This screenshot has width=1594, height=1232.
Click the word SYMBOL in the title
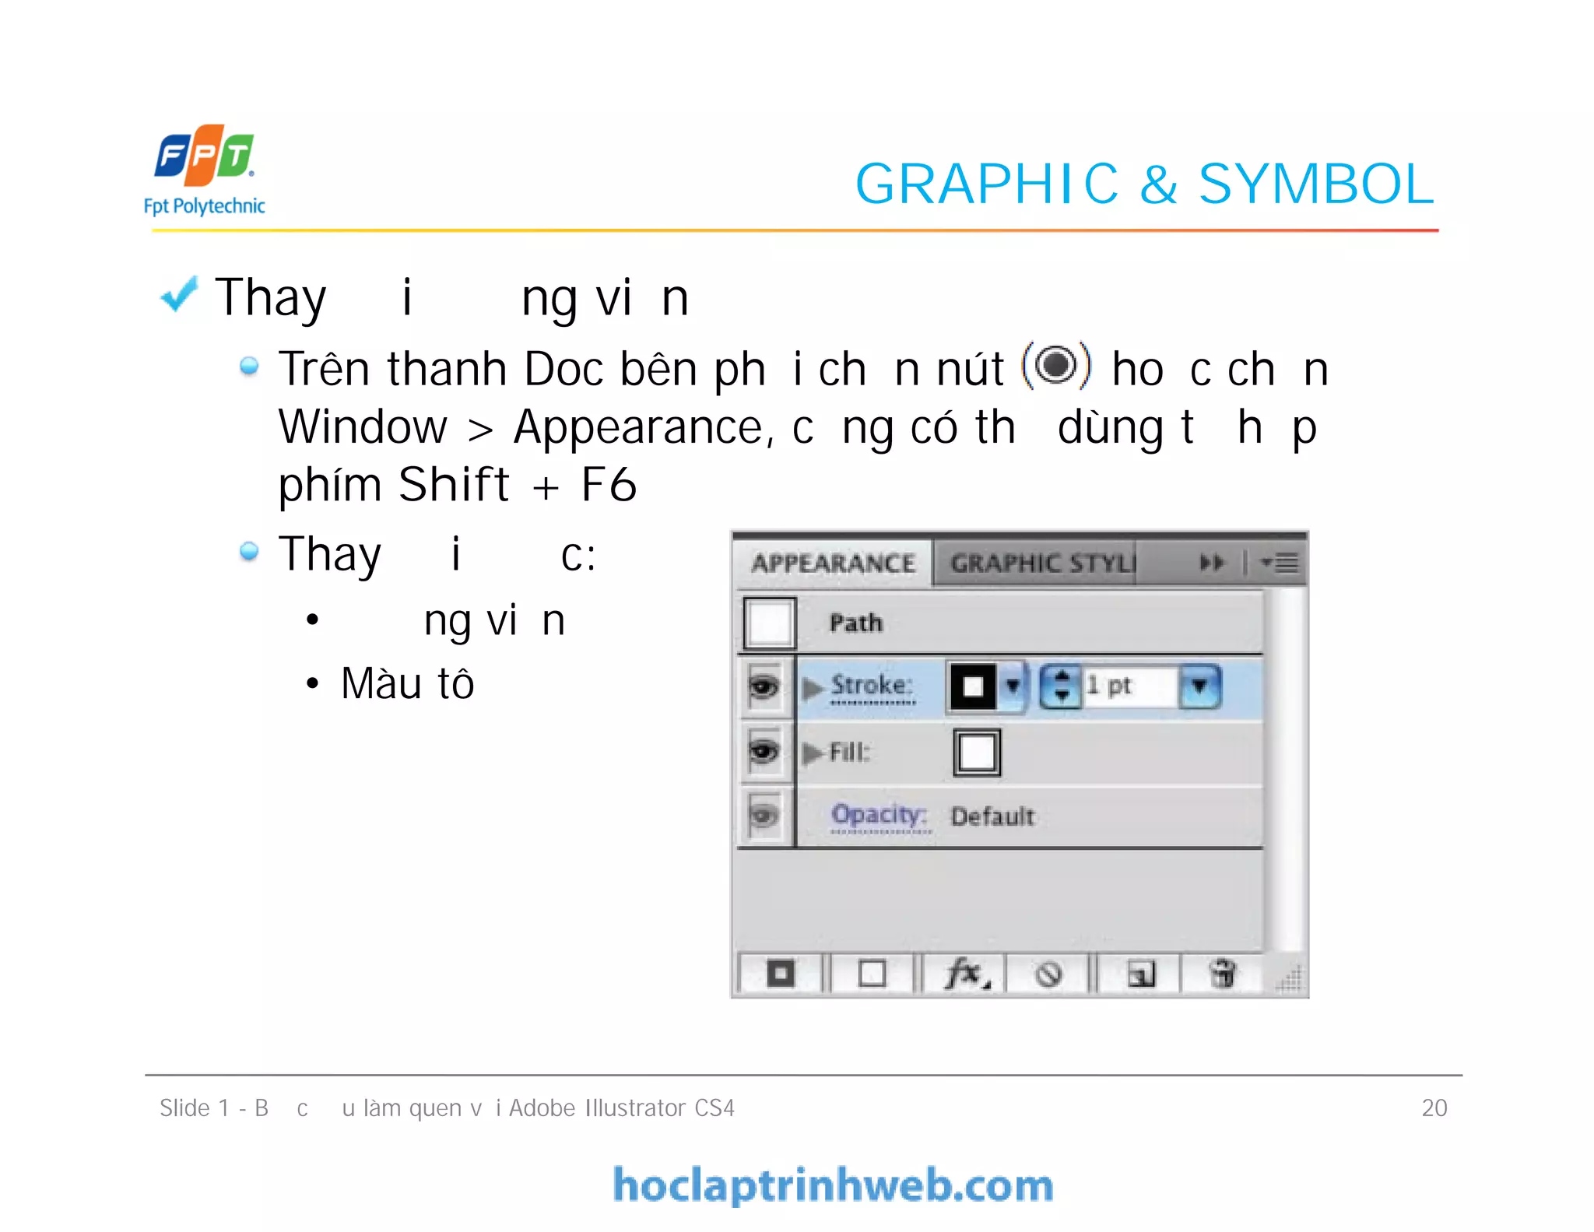tap(1315, 184)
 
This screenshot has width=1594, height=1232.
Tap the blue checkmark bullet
tap(179, 296)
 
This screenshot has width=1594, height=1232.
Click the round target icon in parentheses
tap(1056, 365)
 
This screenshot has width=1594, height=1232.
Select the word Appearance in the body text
tap(641, 427)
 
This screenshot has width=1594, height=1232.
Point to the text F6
tap(609, 485)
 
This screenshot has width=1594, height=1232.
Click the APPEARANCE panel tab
tap(832, 563)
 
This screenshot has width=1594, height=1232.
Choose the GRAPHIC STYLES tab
tap(1041, 563)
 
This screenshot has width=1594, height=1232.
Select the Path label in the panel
tap(855, 623)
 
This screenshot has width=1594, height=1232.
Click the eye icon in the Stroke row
tap(764, 686)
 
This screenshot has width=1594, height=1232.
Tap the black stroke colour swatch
tap(973, 686)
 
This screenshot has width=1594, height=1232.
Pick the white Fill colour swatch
tap(977, 753)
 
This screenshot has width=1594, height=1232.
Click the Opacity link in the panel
tap(879, 815)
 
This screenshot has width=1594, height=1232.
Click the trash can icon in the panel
tap(1222, 974)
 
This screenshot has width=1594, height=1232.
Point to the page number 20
tap(1434, 1107)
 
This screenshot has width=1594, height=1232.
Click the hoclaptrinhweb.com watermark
tap(833, 1185)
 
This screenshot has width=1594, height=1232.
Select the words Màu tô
tap(407, 683)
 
